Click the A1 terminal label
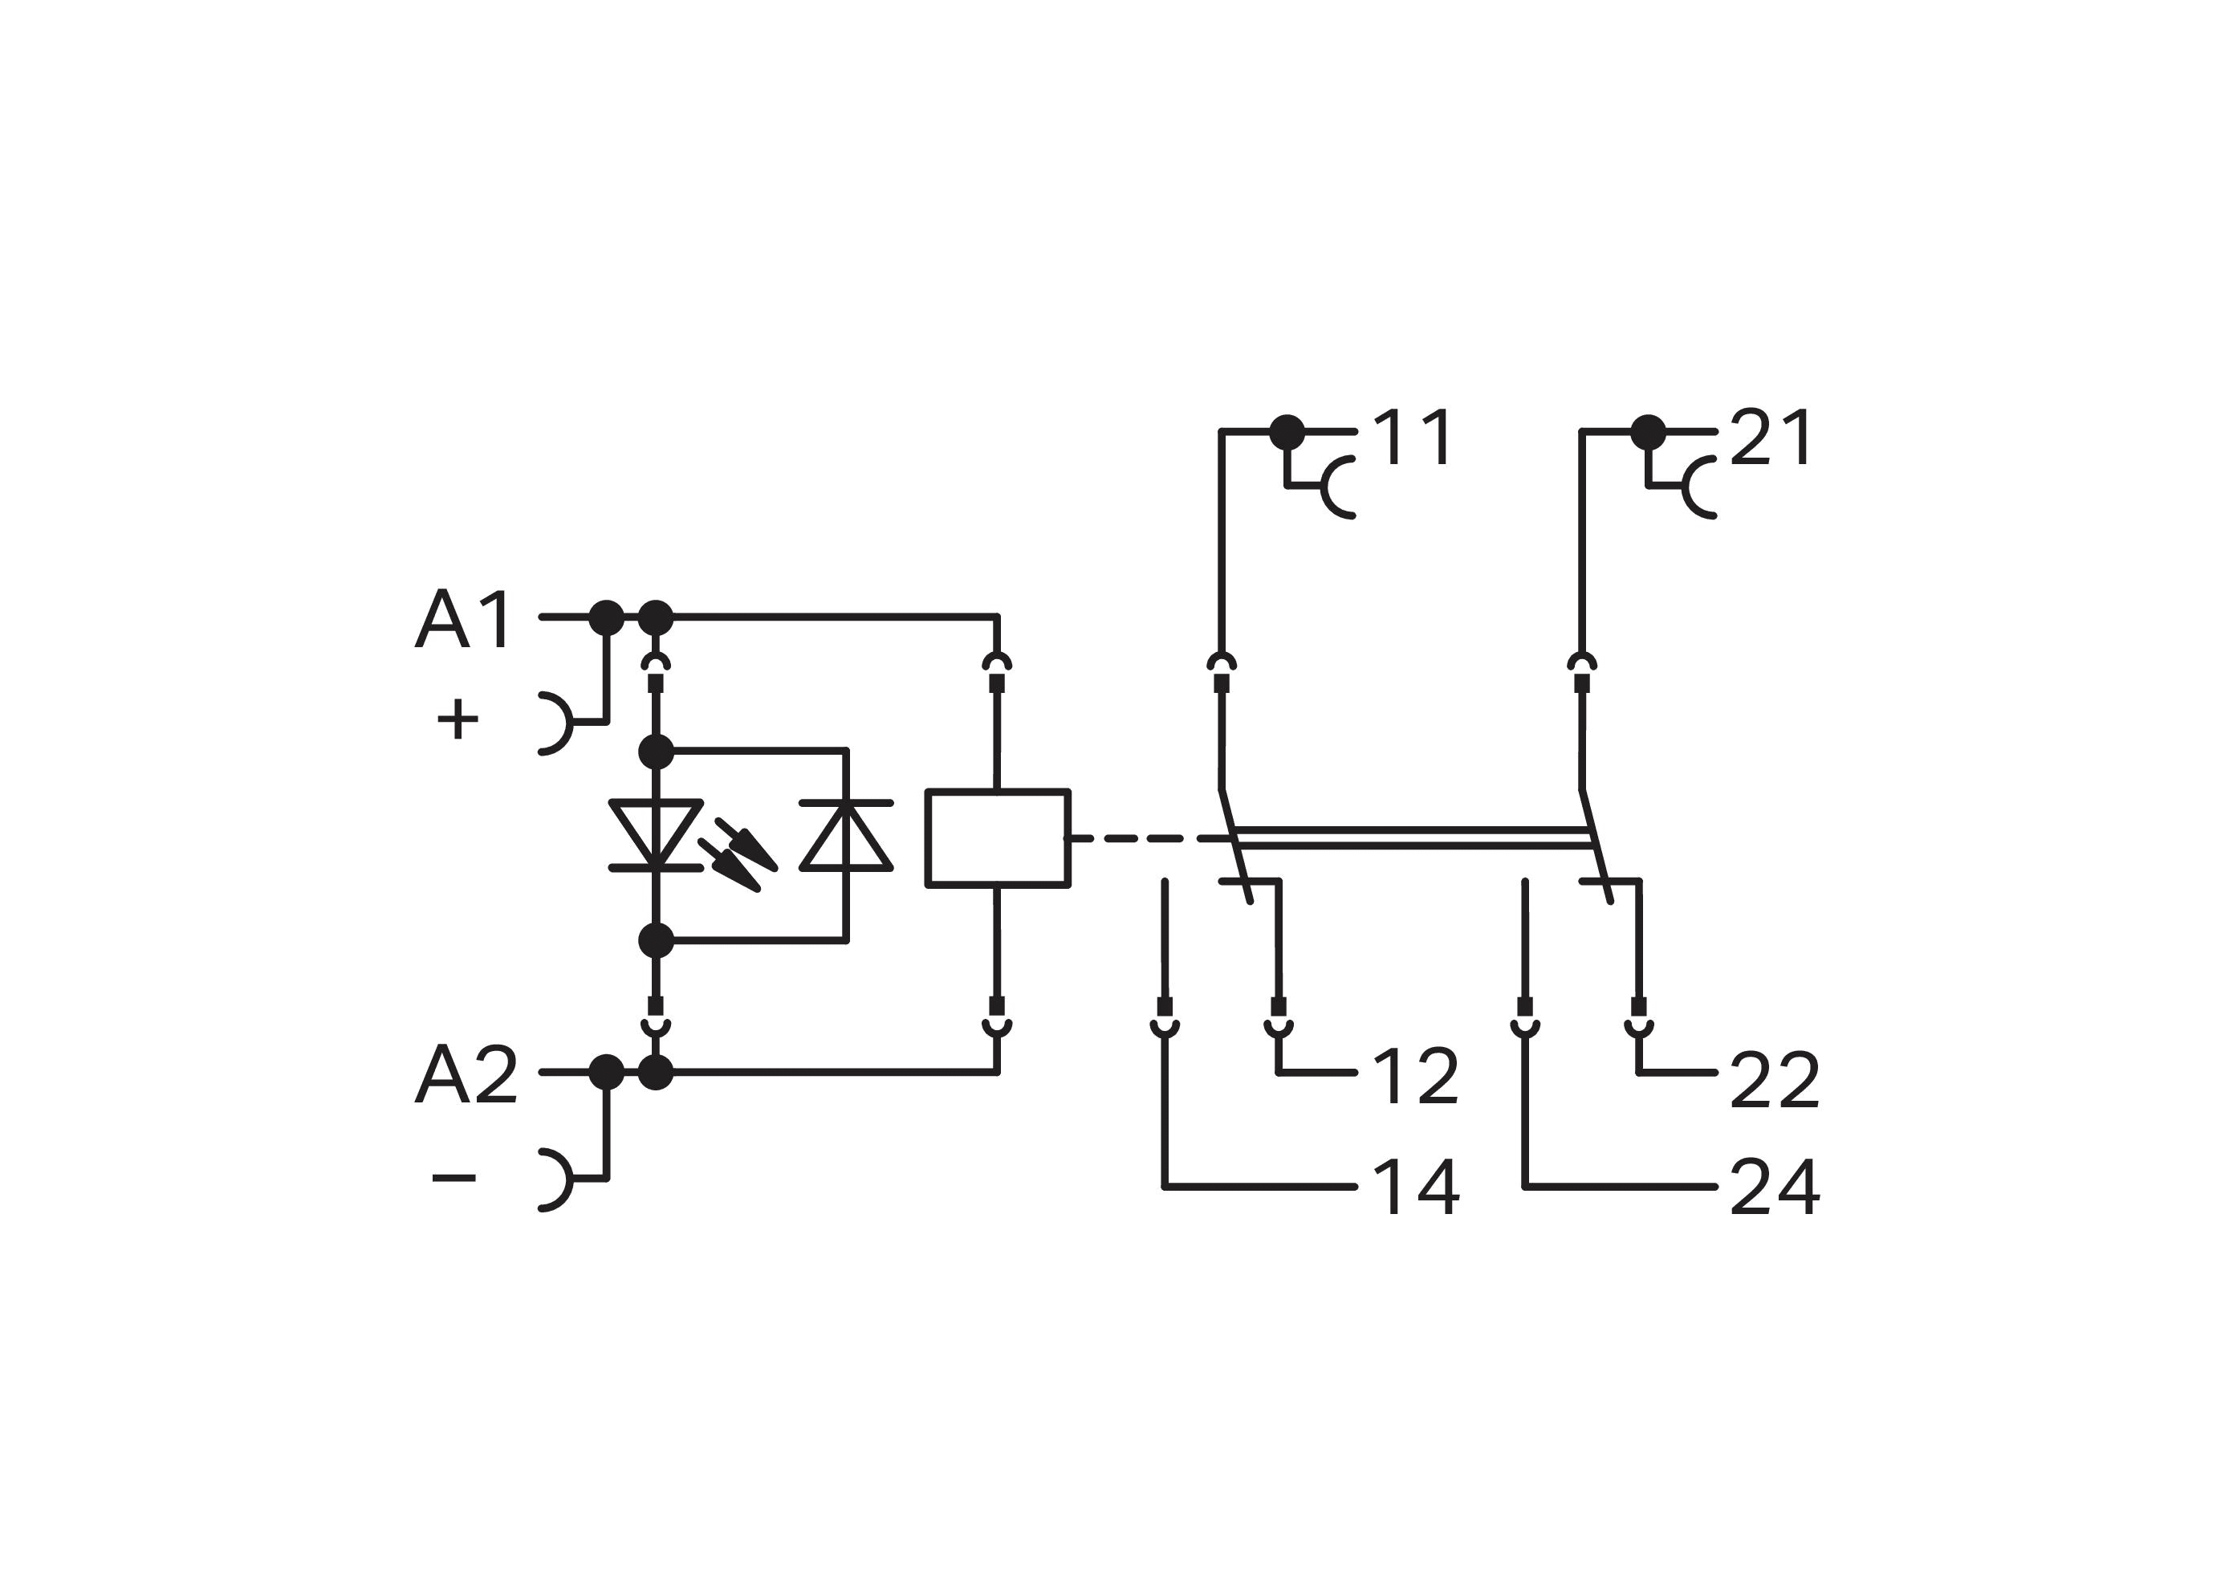(x=463, y=619)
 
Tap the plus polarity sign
(x=457, y=720)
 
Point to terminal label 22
(x=1774, y=1079)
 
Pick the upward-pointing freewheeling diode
(x=845, y=835)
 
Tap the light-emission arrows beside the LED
(x=738, y=855)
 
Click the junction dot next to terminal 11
(x=1287, y=432)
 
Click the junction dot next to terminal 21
(x=1648, y=432)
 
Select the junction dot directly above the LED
(x=655, y=752)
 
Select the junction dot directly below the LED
(x=655, y=939)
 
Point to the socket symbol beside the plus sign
(x=556, y=723)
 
